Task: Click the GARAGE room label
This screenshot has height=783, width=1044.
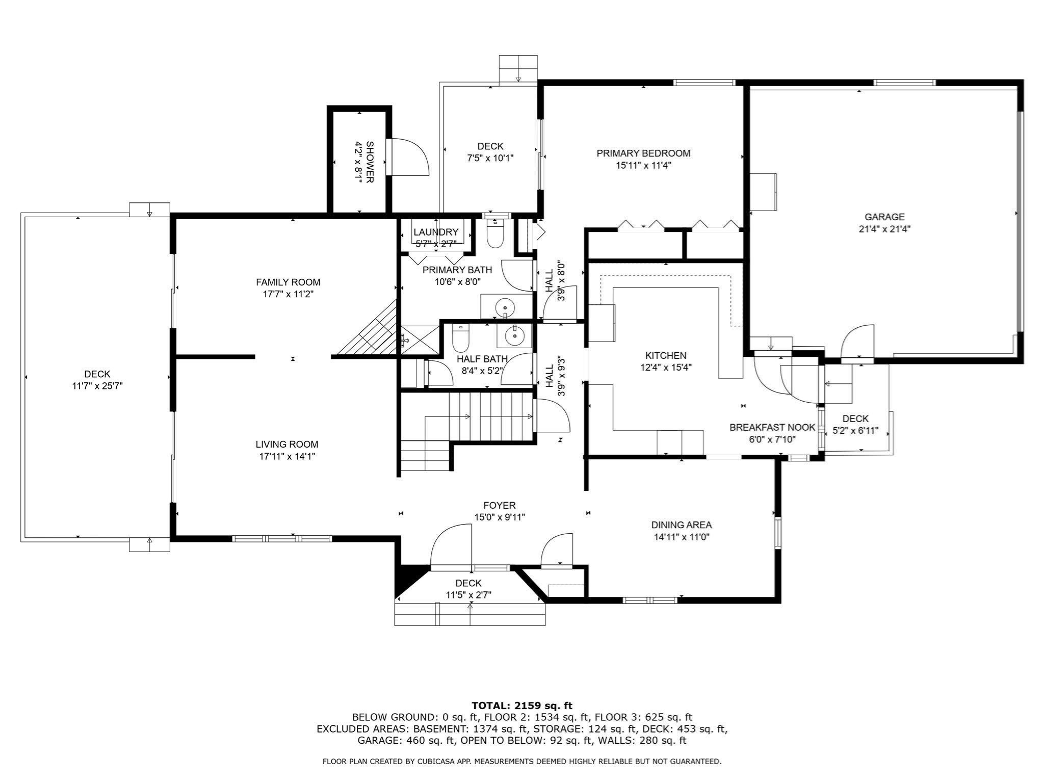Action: click(884, 217)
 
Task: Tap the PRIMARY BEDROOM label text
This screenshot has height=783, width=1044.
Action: click(643, 153)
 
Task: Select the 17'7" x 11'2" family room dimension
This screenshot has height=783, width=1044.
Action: click(288, 294)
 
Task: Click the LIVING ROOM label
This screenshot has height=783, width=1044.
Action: click(287, 444)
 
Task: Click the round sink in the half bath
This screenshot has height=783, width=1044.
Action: click(514, 335)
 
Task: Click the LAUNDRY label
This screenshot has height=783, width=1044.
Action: click(436, 232)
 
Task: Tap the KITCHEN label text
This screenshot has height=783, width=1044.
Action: click(666, 355)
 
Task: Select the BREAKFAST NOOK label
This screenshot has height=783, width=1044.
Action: click(772, 427)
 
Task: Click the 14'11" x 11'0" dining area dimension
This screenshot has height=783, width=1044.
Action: click(682, 537)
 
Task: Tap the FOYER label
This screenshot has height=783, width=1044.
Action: click(499, 505)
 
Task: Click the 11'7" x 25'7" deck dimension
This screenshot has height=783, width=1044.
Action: click(97, 386)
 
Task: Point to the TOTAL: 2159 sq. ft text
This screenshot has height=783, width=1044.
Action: click(521, 706)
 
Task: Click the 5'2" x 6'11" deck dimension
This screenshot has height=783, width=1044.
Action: click(855, 431)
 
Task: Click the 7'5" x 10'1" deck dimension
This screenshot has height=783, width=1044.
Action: click(490, 158)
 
